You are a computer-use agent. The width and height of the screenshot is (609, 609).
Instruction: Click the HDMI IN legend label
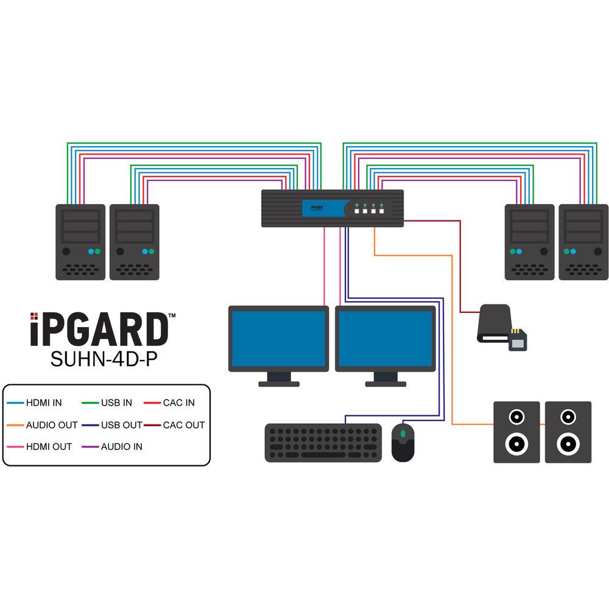click(44, 403)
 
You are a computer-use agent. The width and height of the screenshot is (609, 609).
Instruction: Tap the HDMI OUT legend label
click(49, 446)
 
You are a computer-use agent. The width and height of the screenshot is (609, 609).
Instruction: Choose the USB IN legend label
click(116, 403)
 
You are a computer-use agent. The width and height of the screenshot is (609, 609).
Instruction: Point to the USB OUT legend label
click(122, 424)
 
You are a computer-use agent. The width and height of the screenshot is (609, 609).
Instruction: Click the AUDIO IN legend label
click(122, 446)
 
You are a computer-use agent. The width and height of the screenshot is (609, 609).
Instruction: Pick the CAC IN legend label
click(179, 403)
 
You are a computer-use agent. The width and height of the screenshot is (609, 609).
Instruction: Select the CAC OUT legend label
click(184, 424)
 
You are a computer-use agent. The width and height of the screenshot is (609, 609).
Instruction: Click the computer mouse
click(403, 442)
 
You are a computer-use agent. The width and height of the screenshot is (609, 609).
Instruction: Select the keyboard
click(323, 442)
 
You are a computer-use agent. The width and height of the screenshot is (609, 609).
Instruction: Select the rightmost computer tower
click(583, 242)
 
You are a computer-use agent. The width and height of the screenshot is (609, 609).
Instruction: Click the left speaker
click(516, 432)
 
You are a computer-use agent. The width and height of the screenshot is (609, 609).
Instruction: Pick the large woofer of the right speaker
click(568, 443)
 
